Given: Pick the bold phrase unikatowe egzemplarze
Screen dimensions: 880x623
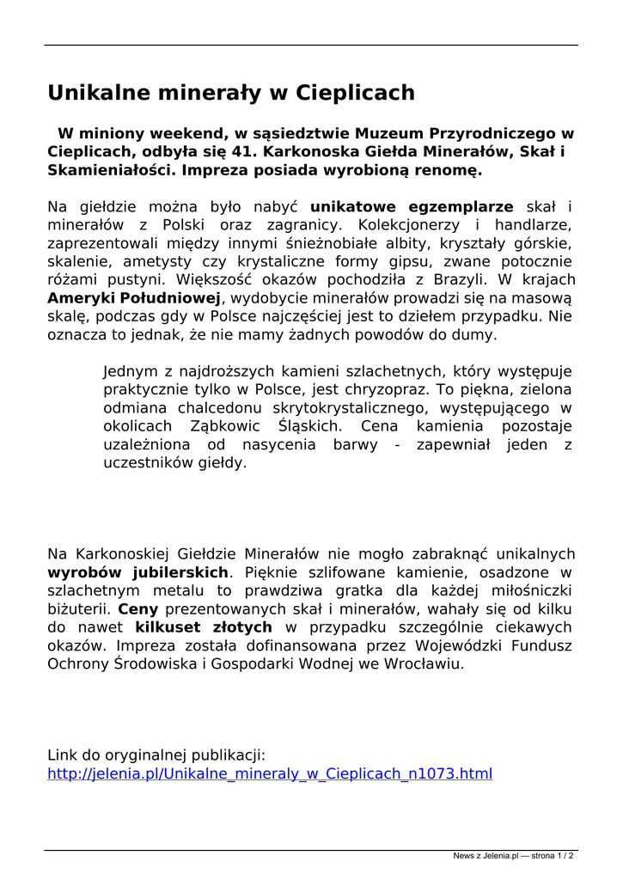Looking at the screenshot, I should (412, 207).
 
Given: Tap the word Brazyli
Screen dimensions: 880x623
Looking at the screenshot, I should (456, 280).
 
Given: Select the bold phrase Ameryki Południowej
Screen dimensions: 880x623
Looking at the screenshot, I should (135, 298).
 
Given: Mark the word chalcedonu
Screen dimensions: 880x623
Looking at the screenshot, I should (217, 408).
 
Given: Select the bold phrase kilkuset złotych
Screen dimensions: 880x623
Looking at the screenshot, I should (204, 627).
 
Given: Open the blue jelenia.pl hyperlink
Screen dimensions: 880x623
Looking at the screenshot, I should (270, 774).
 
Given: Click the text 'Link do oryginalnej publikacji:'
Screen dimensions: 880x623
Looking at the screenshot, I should (156, 755).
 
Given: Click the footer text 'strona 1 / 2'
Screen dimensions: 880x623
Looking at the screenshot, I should (551, 856).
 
